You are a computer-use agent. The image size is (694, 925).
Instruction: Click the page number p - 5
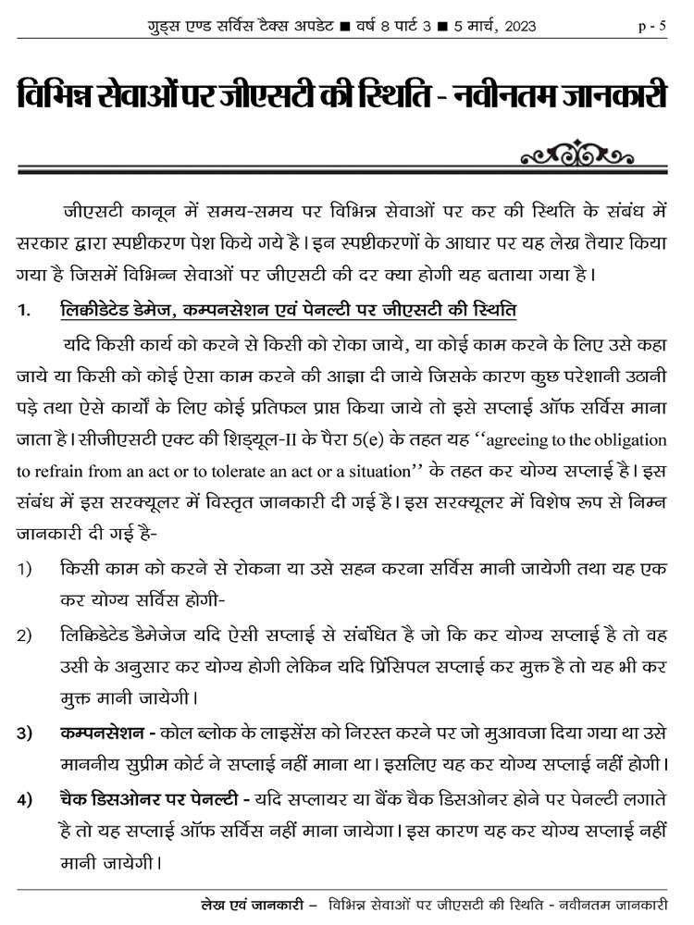pyautogui.click(x=652, y=26)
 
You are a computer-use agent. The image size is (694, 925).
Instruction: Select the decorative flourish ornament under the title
pyautogui.click(x=577, y=150)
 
